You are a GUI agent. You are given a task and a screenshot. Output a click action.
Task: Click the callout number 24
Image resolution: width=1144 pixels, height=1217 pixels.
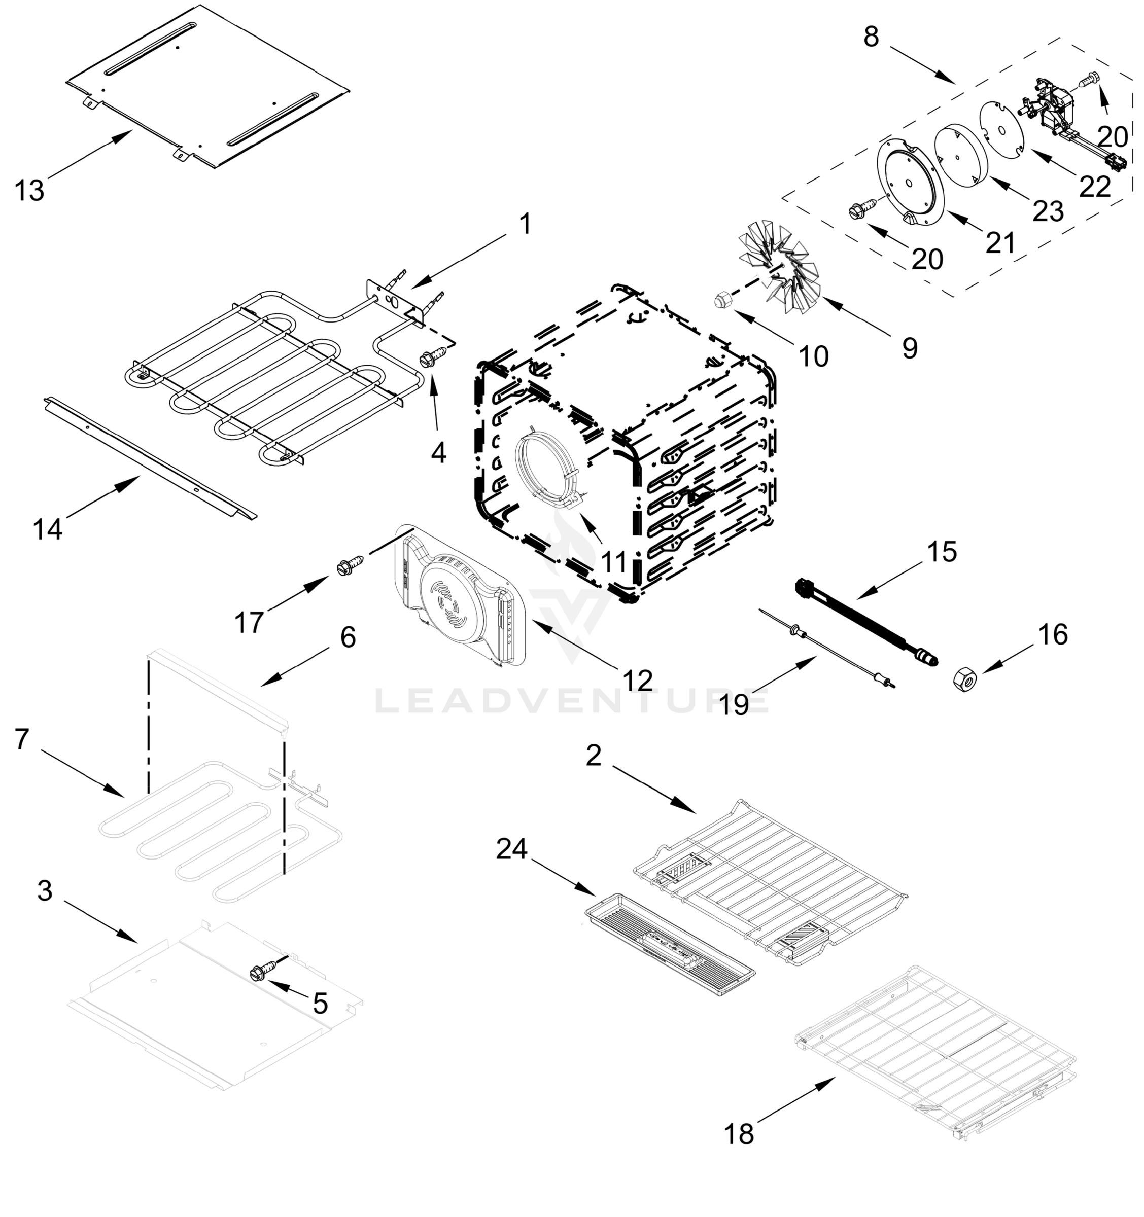click(x=511, y=849)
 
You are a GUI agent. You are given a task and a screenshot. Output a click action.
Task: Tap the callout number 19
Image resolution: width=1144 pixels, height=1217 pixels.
click(x=734, y=705)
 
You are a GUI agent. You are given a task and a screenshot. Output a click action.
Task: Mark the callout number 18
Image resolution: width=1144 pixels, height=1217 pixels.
click(x=739, y=1134)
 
